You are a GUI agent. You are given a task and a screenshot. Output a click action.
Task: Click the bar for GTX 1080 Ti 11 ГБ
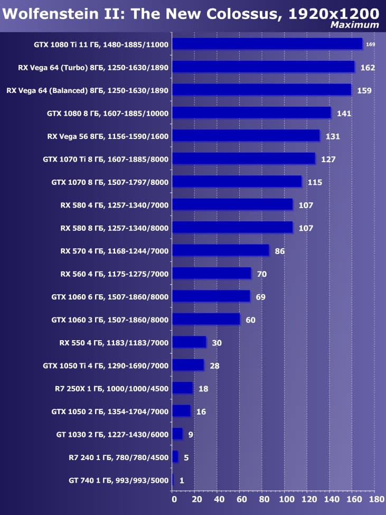pyautogui.click(x=267, y=44)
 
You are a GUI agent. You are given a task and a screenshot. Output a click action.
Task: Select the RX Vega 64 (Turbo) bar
pyautogui.click(x=263, y=67)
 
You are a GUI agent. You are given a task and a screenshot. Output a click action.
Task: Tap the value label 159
pyautogui.click(x=365, y=90)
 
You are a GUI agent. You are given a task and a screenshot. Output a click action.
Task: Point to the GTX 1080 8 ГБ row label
pyautogui.click(x=107, y=113)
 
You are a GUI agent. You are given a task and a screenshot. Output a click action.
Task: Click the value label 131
pyautogui.click(x=333, y=136)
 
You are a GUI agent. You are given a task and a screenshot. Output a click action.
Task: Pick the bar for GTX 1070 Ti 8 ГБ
pyautogui.click(x=243, y=159)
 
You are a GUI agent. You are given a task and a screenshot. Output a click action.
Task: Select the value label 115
pyautogui.click(x=315, y=182)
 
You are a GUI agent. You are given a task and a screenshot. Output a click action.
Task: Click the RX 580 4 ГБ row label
pyautogui.click(x=114, y=205)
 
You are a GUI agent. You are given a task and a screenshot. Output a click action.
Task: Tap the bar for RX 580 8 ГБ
pyautogui.click(x=232, y=228)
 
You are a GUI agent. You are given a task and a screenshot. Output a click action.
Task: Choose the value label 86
pyautogui.click(x=280, y=251)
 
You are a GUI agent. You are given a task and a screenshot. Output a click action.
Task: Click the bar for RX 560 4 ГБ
pyautogui.click(x=212, y=274)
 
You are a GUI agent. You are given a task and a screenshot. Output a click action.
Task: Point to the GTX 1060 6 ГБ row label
pyautogui.click(x=110, y=297)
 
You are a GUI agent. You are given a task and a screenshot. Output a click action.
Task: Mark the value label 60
pyautogui.click(x=250, y=320)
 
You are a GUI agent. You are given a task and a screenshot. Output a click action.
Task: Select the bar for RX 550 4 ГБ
pyautogui.click(x=189, y=342)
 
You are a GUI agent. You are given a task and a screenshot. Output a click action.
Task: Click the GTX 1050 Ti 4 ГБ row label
pyautogui.click(x=106, y=366)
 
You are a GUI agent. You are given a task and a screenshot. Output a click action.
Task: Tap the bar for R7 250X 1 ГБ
pyautogui.click(x=183, y=388)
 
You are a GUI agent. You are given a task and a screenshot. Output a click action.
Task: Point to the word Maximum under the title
pyautogui.click(x=354, y=25)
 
